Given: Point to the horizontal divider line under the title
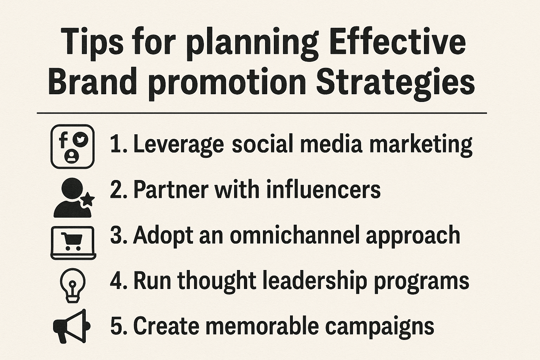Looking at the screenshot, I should coord(262,113).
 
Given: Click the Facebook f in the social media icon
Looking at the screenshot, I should coord(63,140).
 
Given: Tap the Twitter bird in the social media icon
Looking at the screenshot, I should coord(81,140).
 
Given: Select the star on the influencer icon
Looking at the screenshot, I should coord(88,200).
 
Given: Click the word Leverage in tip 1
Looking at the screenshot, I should coord(178,144).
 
